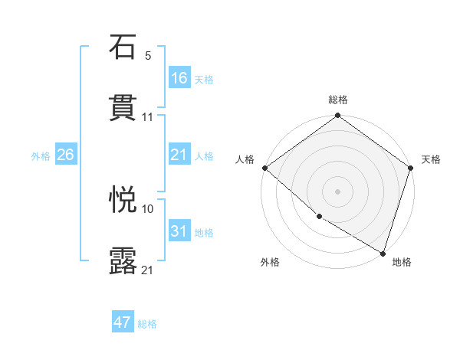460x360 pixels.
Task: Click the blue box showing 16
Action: tap(179, 77)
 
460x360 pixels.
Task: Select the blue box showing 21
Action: tap(179, 155)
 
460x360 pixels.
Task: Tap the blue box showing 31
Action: tap(179, 231)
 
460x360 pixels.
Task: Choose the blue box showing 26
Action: tap(66, 155)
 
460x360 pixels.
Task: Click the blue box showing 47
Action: tap(123, 322)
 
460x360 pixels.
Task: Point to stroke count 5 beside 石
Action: tap(148, 55)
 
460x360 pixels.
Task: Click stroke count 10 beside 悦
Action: tap(148, 208)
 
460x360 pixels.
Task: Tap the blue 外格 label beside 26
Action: tap(41, 155)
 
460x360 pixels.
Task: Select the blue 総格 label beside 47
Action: tap(147, 324)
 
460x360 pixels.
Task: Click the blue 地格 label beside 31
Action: tap(204, 232)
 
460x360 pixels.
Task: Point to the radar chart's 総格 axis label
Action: tap(338, 100)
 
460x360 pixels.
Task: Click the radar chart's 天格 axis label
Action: tap(431, 159)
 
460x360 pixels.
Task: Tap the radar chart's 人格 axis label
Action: tap(245, 159)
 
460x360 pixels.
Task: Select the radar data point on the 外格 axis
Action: tap(319, 217)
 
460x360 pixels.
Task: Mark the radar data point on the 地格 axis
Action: tap(382, 252)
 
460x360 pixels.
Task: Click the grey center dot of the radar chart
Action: tap(338, 191)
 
